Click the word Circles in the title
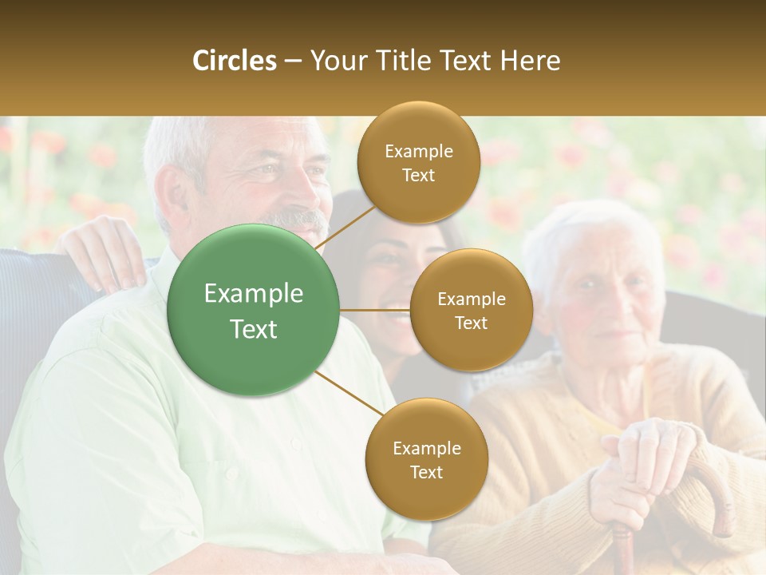[235, 61]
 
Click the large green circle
[253, 310]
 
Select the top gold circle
[418, 162]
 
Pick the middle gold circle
[471, 310]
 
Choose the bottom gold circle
[426, 459]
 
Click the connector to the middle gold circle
[375, 310]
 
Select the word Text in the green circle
[253, 329]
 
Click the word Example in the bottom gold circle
[426, 448]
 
